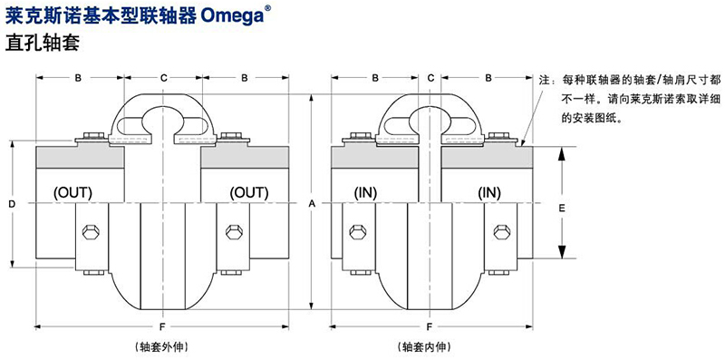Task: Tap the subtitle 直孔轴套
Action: tap(42, 43)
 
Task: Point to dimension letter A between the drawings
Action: tap(312, 203)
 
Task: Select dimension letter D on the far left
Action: tap(13, 204)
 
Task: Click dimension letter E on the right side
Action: tap(562, 209)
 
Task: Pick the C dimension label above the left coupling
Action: tap(164, 78)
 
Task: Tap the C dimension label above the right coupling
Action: tap(431, 78)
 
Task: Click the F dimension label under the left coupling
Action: tap(162, 327)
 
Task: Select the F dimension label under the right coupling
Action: tap(430, 327)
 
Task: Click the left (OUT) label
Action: tap(73, 192)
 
